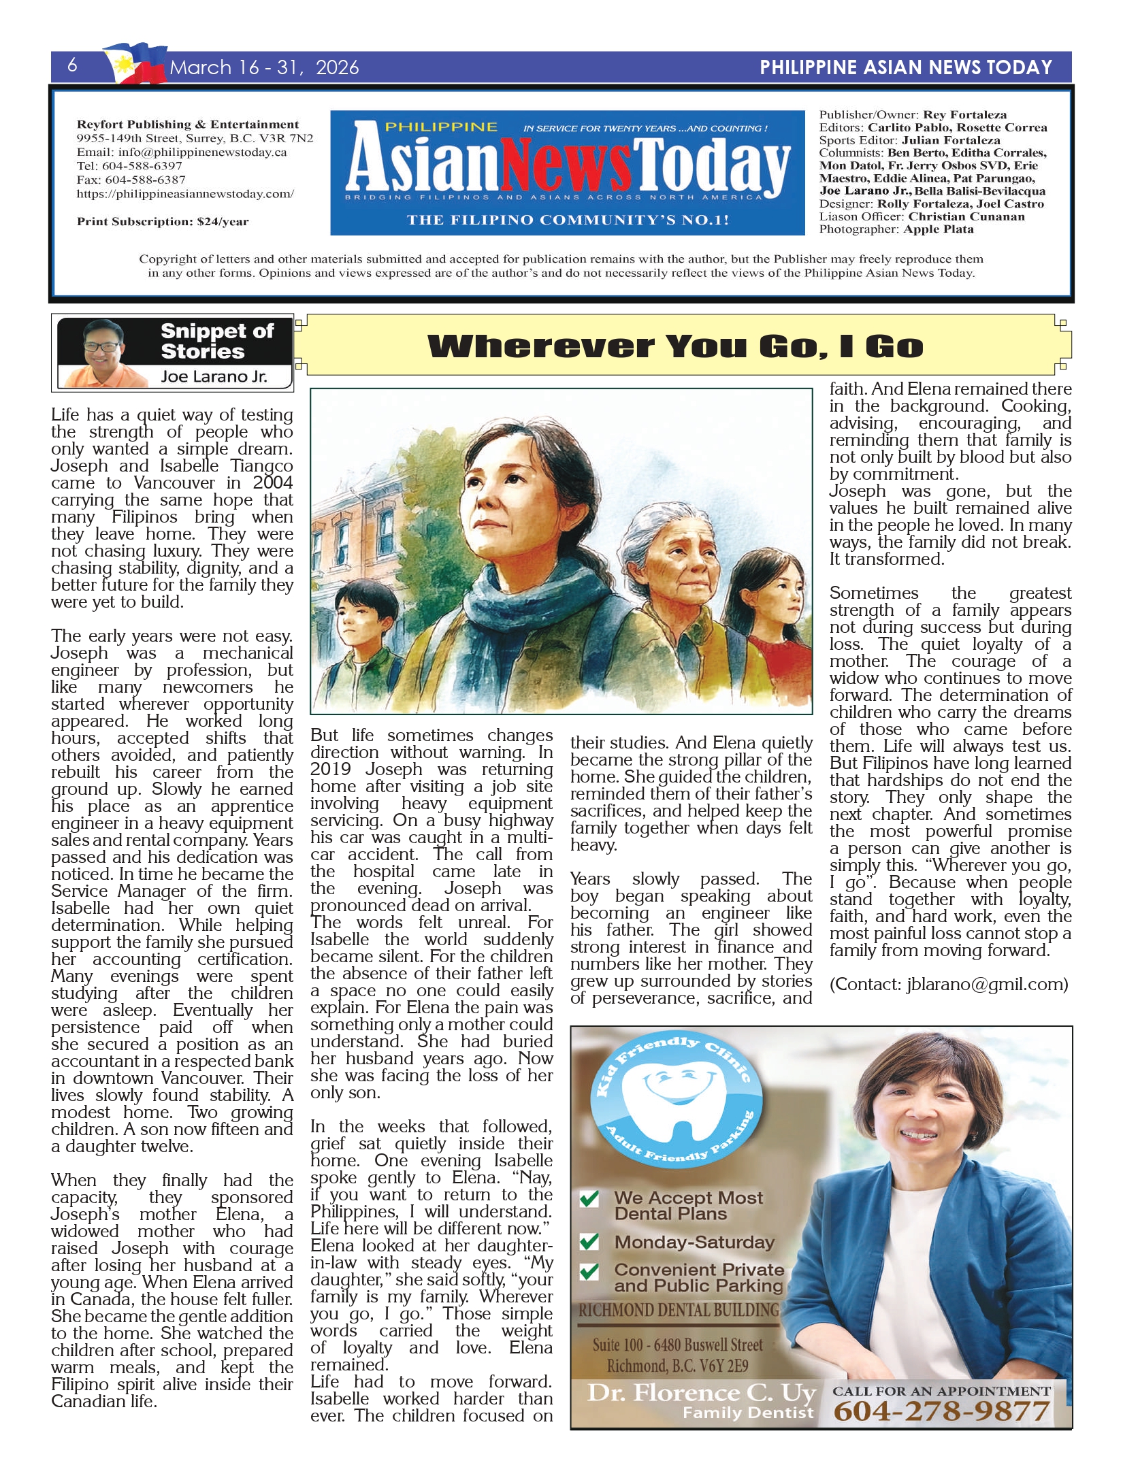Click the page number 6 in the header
[x=72, y=65]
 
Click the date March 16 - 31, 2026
[x=264, y=67]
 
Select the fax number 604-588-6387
[x=131, y=180]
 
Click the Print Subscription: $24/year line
[x=163, y=221]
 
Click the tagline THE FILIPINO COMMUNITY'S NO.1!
[x=568, y=220]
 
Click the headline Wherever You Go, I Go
[x=675, y=346]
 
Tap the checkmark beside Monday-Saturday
[x=589, y=1241]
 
